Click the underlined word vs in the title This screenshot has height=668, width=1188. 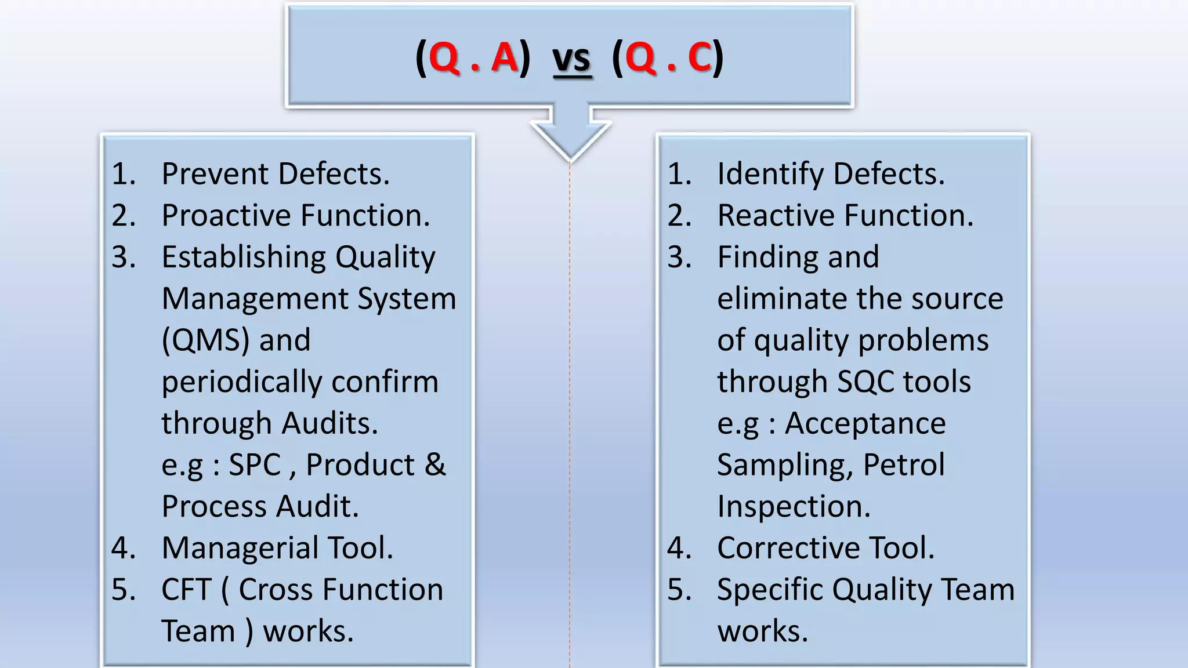(572, 60)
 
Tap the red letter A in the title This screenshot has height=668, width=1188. (504, 58)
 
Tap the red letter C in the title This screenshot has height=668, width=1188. (700, 58)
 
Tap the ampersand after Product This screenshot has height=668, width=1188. (435, 465)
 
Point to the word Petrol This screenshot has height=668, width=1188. (904, 465)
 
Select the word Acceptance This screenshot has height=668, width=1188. (865, 423)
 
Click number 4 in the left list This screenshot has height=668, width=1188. (123, 548)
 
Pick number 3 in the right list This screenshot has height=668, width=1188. (679, 257)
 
